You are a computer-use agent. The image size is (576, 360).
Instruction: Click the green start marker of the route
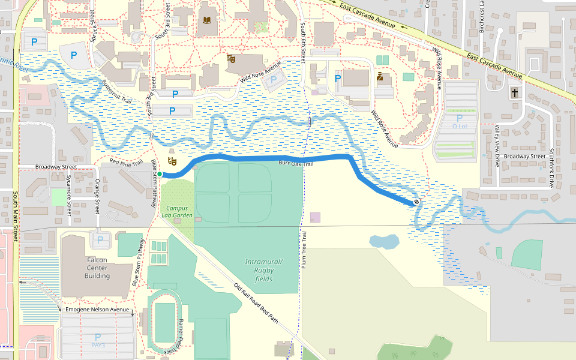(160, 175)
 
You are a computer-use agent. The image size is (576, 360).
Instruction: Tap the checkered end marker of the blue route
(416, 203)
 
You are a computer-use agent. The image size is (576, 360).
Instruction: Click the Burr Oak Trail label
(296, 163)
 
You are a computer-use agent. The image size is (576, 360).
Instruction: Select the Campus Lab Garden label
(176, 212)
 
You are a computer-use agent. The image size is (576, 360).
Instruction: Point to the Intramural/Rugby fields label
(263, 270)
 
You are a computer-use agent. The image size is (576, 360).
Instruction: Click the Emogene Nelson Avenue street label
(98, 310)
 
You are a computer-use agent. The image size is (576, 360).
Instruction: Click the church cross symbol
(514, 93)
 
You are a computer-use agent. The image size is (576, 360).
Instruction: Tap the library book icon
(208, 21)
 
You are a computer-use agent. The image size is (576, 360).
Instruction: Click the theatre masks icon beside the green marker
(173, 161)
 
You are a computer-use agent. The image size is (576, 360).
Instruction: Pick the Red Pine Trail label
(126, 163)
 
